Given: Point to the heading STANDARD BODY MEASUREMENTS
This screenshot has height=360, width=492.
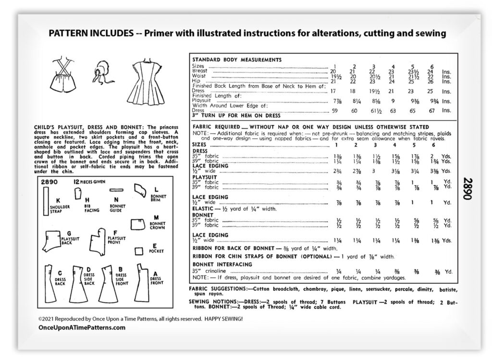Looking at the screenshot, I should point(237,60).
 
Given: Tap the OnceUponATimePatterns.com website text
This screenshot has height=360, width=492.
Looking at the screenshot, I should point(82,327).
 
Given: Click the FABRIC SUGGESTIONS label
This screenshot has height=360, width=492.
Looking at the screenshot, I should point(218,290).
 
